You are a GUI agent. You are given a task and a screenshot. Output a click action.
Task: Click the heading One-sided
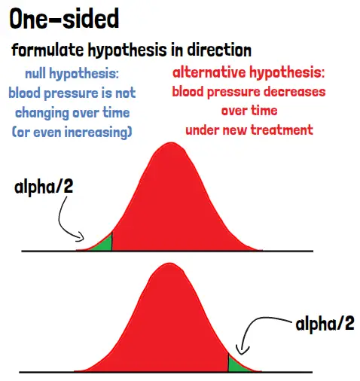pyautogui.click(x=64, y=19)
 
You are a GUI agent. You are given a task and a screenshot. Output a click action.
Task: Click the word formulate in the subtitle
pyautogui.click(x=47, y=50)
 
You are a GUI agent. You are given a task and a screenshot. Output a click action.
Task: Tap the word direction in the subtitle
pyautogui.click(x=219, y=50)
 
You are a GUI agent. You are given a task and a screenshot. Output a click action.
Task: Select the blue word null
pyautogui.click(x=35, y=73)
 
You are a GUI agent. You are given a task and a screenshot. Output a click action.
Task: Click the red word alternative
pyautogui.click(x=209, y=72)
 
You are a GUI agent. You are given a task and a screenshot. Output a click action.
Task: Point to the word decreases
pyautogui.click(x=294, y=91)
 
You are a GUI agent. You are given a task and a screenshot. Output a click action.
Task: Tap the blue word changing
pyautogui.click(x=42, y=113)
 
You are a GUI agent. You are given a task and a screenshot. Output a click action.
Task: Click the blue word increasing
pyautogui.click(x=98, y=133)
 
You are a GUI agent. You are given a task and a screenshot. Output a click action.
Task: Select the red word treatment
pyautogui.click(x=282, y=130)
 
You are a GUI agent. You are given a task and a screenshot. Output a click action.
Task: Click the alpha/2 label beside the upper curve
pyautogui.click(x=44, y=187)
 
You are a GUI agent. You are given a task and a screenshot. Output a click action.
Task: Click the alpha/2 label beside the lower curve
pyautogui.click(x=325, y=324)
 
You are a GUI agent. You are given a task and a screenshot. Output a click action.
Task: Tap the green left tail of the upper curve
pyautogui.click(x=103, y=244)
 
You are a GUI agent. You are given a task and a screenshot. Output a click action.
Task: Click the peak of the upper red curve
pyautogui.click(x=172, y=143)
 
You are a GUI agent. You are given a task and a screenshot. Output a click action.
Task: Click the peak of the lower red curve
pyautogui.click(x=170, y=264)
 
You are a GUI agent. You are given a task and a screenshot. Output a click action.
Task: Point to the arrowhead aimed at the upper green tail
pyautogui.click(x=81, y=237)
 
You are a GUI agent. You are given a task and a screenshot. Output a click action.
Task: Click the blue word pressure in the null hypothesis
pyautogui.click(x=71, y=93)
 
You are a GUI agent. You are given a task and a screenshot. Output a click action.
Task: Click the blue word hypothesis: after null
pyautogui.click(x=84, y=74)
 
